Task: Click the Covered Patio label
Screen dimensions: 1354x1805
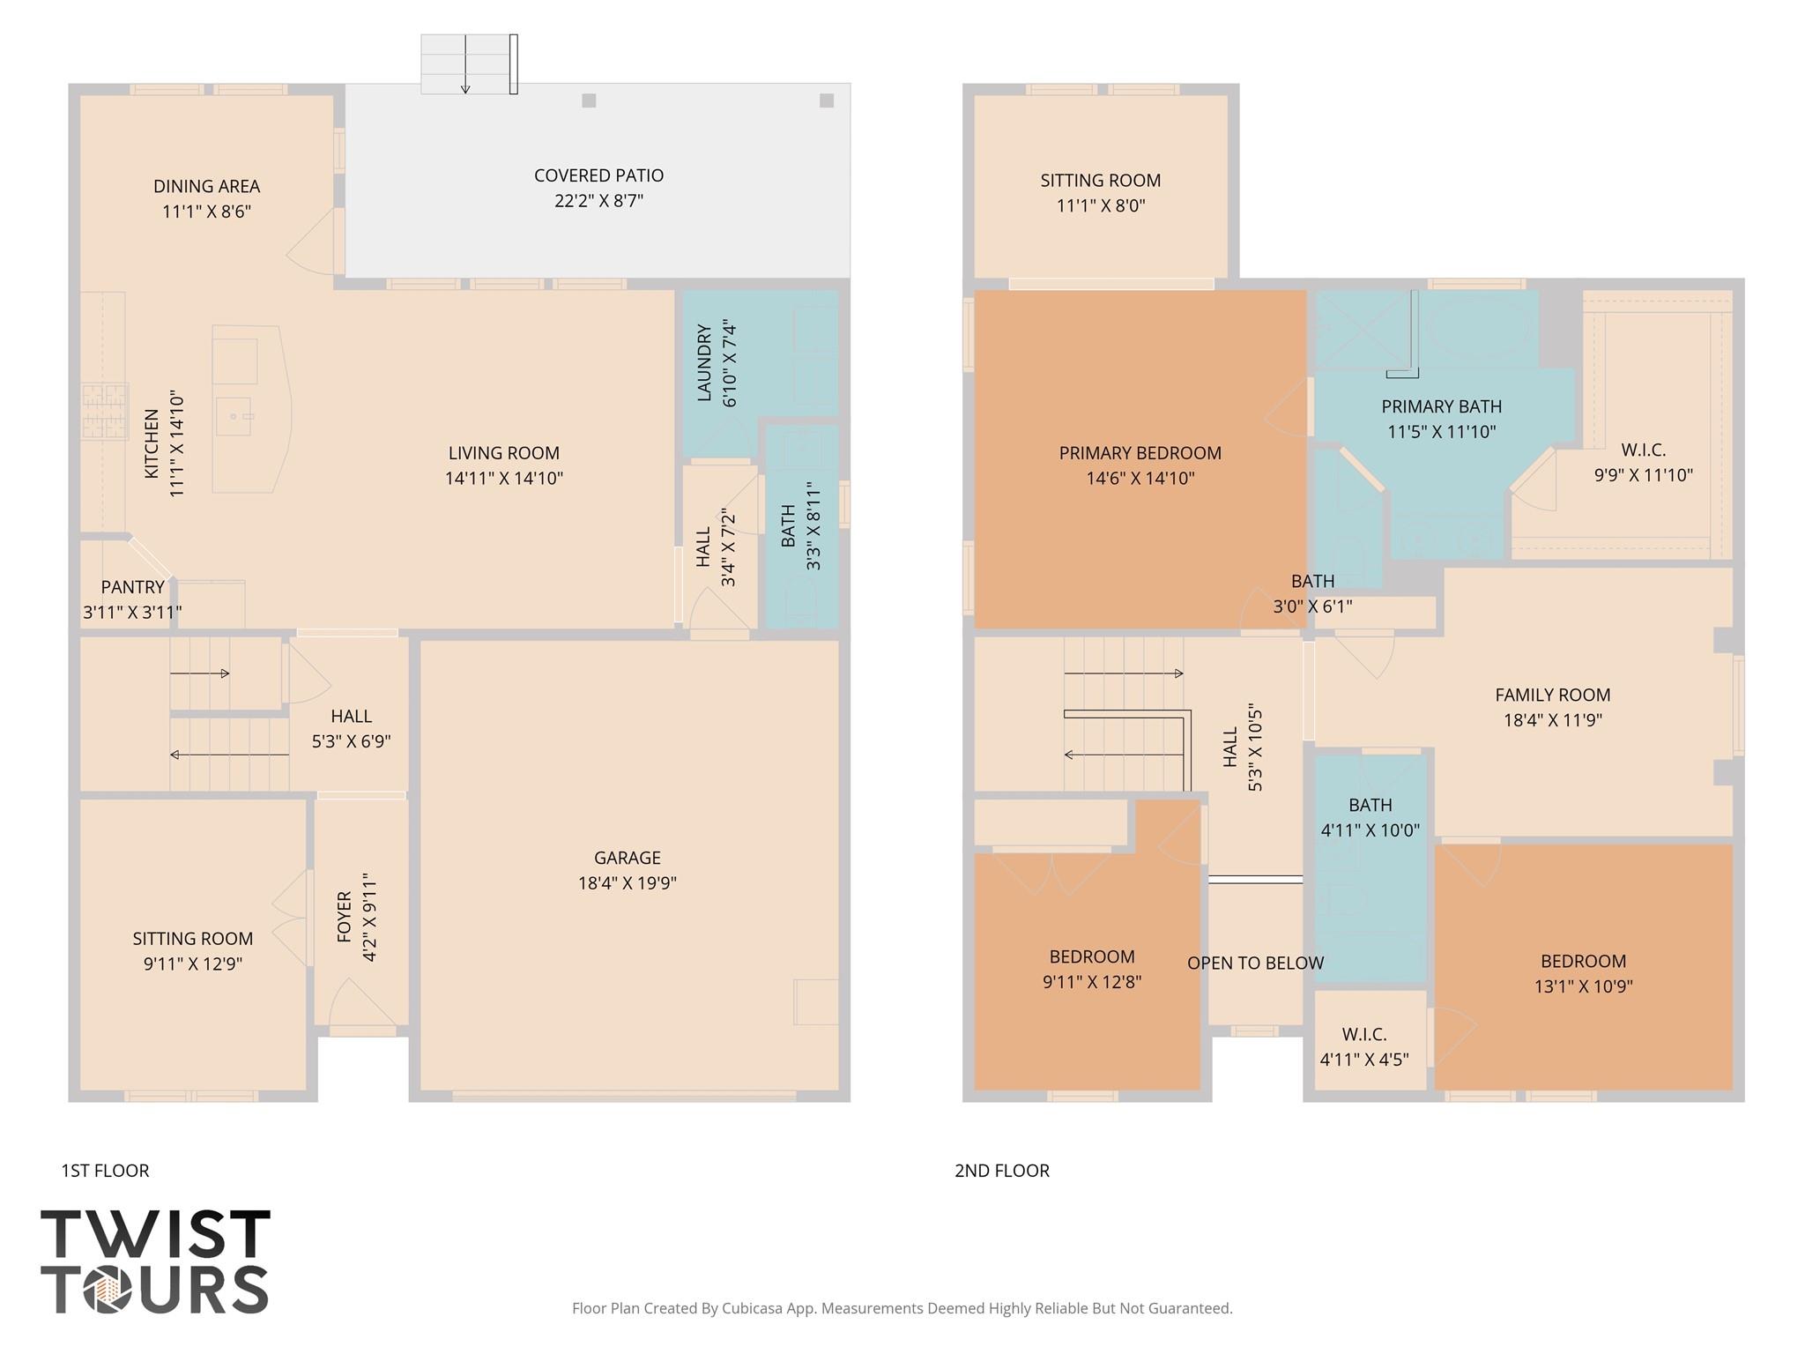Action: coord(598,175)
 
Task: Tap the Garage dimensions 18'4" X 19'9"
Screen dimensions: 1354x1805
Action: coord(627,882)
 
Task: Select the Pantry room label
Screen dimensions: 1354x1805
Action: coord(132,587)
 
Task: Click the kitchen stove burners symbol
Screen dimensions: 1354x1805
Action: coord(104,411)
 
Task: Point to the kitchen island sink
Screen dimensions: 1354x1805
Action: coord(235,415)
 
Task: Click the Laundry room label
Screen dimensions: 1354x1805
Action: coord(704,362)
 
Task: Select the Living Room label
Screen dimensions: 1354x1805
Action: coord(503,453)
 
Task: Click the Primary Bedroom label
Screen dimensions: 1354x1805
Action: coord(1140,453)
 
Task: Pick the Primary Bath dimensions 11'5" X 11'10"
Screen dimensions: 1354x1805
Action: coord(1441,432)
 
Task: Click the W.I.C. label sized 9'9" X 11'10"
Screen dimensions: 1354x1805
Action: coord(1643,450)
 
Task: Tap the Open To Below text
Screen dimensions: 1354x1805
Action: coord(1255,963)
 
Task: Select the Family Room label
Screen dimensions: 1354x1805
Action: coord(1552,695)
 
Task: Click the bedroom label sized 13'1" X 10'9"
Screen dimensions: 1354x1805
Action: coord(1583,962)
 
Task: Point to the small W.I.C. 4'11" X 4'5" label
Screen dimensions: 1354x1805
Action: coord(1364,1034)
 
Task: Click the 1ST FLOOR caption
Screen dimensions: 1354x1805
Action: coord(105,1171)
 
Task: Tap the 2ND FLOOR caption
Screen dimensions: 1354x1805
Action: coord(1002,1171)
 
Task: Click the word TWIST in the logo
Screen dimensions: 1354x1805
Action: coord(155,1235)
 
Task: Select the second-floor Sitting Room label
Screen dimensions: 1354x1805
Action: coord(1100,181)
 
